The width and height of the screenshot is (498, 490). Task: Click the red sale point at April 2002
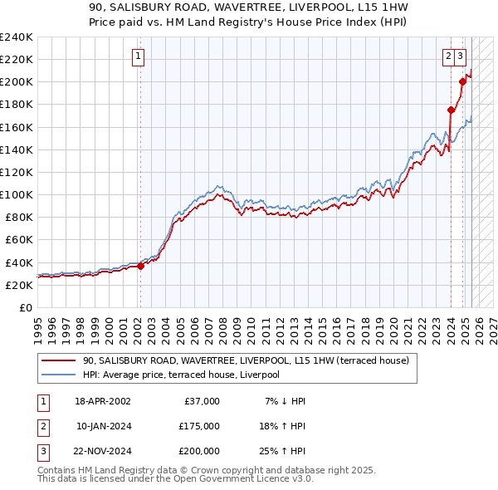pos(140,266)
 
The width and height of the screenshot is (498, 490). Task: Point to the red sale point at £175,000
pos(451,110)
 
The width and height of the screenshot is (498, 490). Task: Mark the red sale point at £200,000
pos(462,81)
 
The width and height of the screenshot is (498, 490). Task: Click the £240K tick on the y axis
pos(17,37)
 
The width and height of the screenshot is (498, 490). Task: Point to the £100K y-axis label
pos(17,194)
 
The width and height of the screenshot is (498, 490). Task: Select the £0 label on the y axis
pos(25,307)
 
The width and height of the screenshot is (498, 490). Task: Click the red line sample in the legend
pos(59,361)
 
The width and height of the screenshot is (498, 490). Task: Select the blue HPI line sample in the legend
pos(59,375)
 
